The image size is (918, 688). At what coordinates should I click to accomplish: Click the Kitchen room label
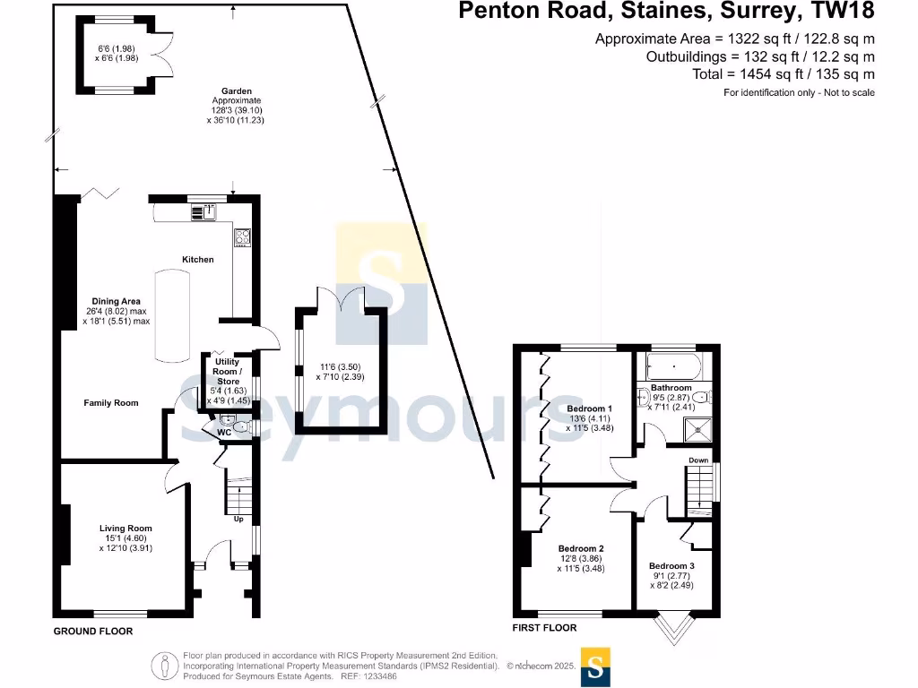[x=198, y=260]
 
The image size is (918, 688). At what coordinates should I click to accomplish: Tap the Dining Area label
[x=117, y=301]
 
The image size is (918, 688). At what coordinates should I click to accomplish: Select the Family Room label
[x=111, y=403]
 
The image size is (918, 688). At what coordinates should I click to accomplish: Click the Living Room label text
[x=126, y=529]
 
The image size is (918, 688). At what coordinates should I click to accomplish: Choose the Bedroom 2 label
[x=581, y=548]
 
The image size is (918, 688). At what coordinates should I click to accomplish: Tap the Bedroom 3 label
[x=671, y=566]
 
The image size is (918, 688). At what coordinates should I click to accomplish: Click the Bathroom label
[x=671, y=388]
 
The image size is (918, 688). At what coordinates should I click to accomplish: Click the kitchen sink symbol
[x=208, y=212]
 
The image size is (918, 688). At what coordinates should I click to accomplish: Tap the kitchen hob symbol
[x=242, y=236]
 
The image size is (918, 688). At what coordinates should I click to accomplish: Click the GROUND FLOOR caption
[x=93, y=632]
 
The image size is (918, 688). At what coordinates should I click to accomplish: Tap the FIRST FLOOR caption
[x=545, y=628]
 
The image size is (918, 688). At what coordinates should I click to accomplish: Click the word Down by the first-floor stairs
[x=698, y=460]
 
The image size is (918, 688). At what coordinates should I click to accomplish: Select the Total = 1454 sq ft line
[x=784, y=74]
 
